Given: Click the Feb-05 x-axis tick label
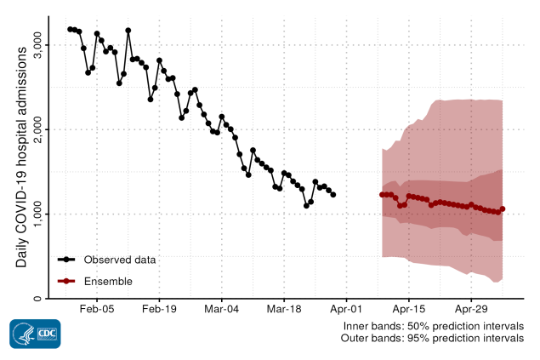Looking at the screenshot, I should pos(96,312).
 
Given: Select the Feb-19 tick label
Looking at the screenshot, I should pos(159,312).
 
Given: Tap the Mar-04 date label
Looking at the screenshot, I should pos(221,312).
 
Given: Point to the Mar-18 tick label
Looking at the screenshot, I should pos(284,312).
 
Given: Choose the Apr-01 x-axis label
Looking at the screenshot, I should pos(347,312).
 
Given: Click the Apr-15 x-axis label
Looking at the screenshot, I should pos(409,312).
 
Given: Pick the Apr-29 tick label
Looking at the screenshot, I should pos(471,312).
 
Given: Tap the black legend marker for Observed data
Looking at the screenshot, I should pos(67,259).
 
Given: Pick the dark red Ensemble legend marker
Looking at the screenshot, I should pos(67,281).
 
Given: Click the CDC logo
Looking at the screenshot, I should pos(35,334).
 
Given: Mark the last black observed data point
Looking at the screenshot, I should pos(333,195).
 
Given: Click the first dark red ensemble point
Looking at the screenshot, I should pos(382,195).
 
